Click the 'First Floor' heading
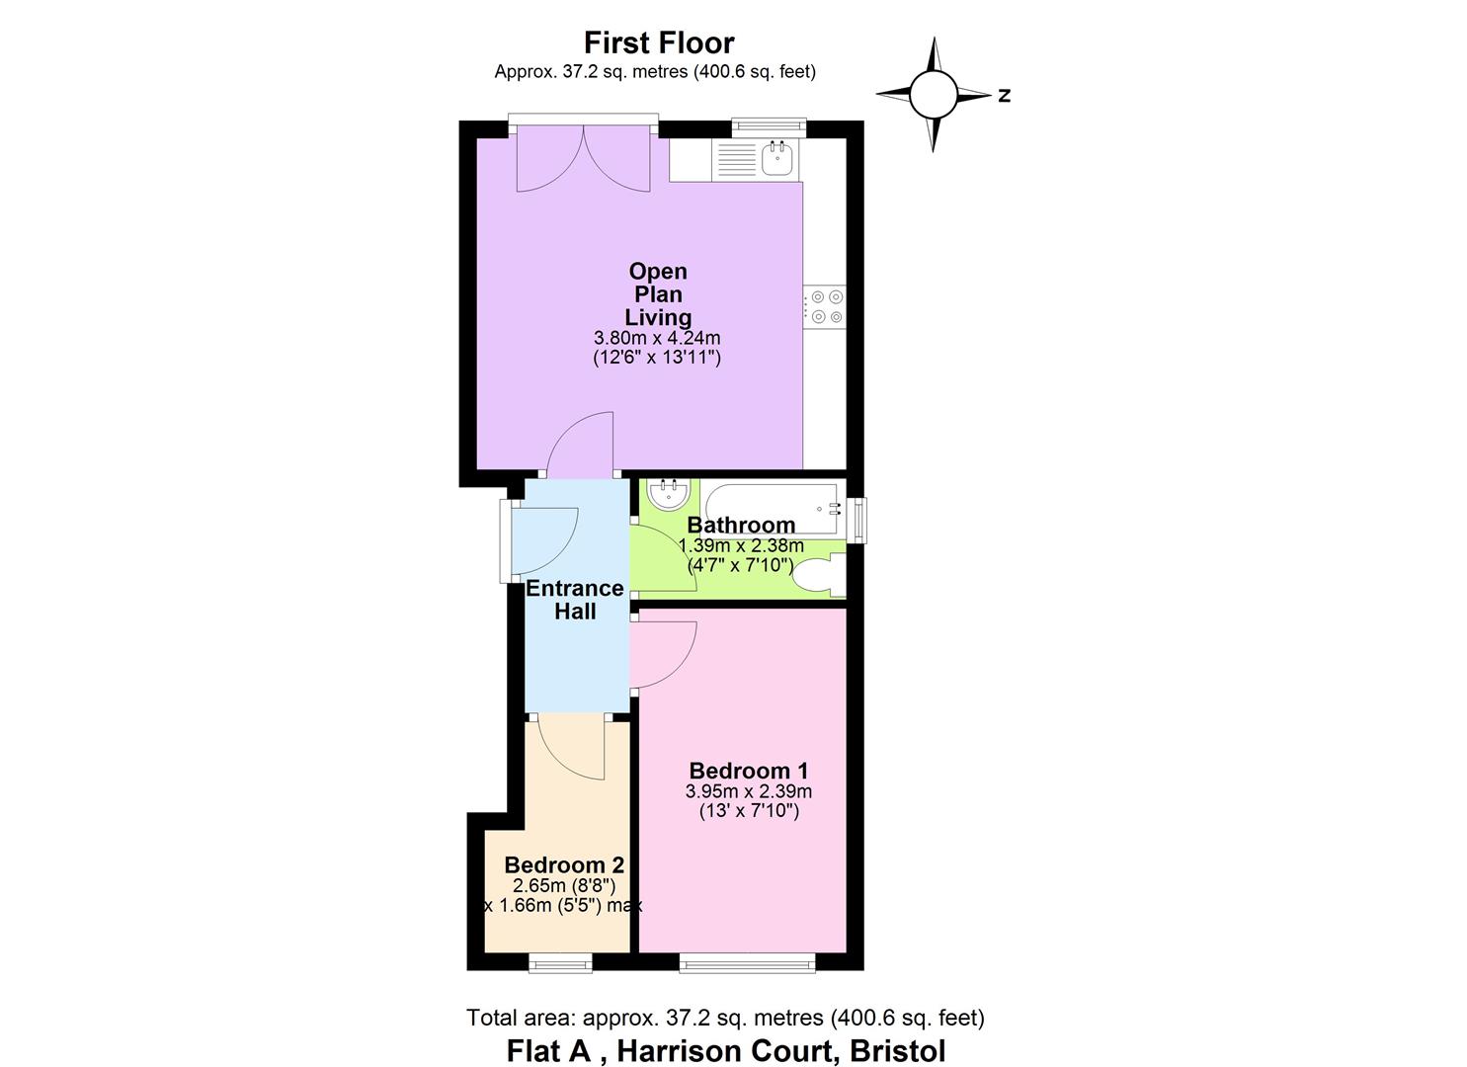[659, 43]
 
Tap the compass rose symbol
[934, 95]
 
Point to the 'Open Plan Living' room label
[658, 293]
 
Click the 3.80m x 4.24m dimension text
[657, 338]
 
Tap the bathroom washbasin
[668, 495]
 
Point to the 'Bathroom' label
[741, 525]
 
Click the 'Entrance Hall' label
[575, 600]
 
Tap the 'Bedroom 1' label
[749, 771]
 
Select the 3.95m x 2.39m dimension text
[749, 791]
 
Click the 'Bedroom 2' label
[564, 865]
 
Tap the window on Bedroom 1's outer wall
[748, 962]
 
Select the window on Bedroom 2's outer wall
[560, 962]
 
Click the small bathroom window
[858, 520]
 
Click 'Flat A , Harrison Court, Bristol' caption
[726, 1050]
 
